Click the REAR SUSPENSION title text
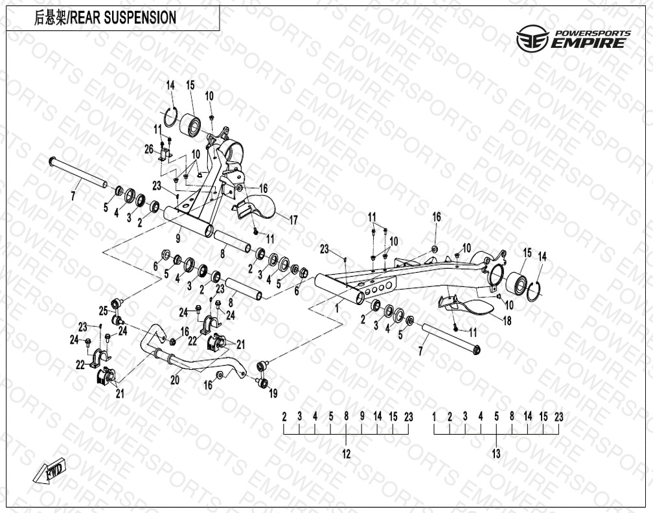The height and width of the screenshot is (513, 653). click(x=105, y=17)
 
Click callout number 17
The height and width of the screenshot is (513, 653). click(x=293, y=220)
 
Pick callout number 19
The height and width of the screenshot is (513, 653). click(x=273, y=393)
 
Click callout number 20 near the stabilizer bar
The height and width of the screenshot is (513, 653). click(x=174, y=381)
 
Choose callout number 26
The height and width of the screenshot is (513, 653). click(x=148, y=150)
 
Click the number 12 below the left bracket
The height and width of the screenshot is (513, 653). click(x=346, y=454)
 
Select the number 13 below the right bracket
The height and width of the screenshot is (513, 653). click(x=496, y=454)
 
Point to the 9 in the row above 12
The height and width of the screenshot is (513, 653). click(x=362, y=416)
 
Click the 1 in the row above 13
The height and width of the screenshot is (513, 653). click(x=434, y=416)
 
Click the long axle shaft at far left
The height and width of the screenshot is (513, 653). click(x=78, y=173)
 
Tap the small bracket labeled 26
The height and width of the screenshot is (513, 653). click(x=164, y=156)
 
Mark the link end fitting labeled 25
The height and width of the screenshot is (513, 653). click(x=117, y=303)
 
